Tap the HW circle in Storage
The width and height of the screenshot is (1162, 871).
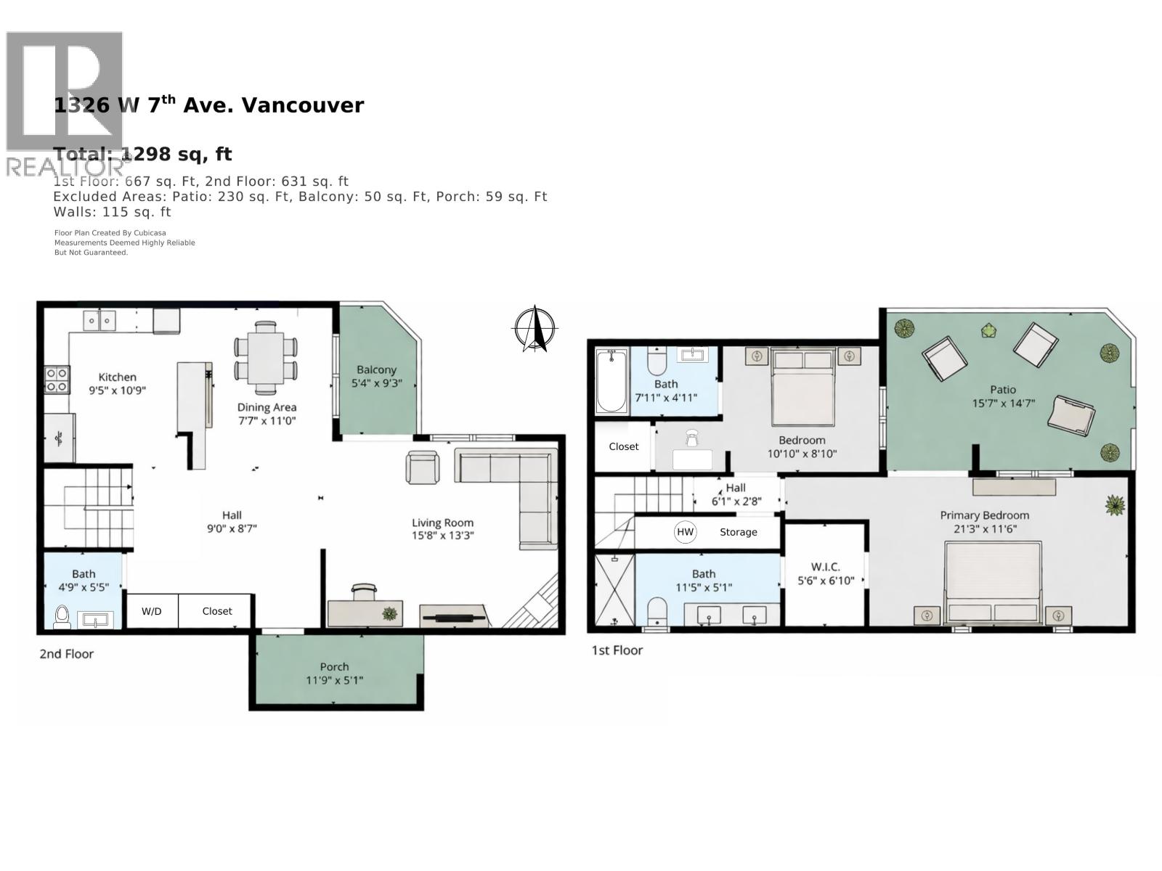(685, 532)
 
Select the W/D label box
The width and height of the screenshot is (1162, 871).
(152, 611)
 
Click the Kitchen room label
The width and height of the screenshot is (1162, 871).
(118, 377)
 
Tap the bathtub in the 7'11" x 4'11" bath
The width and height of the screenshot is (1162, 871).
(612, 380)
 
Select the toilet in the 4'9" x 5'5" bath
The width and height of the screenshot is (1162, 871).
(62, 616)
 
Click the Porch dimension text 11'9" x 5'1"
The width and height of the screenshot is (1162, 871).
(335, 680)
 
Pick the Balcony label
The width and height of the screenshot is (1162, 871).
(376, 369)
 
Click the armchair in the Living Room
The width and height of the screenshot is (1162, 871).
(423, 467)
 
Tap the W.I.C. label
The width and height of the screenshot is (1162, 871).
(825, 567)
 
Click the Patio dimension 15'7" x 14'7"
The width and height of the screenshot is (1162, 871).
(1003, 404)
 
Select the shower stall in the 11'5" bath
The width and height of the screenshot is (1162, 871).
(614, 589)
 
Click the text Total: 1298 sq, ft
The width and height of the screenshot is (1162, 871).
(143, 154)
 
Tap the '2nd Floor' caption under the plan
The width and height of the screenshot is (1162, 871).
(66, 654)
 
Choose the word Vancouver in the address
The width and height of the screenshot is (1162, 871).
(302, 105)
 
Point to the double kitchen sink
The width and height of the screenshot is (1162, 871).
(99, 320)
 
